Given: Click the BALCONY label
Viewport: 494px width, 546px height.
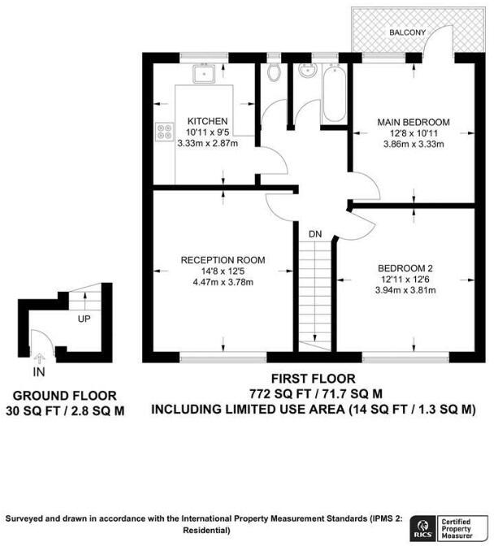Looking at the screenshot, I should click(x=406, y=32).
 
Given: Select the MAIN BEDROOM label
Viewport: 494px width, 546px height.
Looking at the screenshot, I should click(x=413, y=123).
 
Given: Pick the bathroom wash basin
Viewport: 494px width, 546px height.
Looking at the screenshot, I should click(x=306, y=75).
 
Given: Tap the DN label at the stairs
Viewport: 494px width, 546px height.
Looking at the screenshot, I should click(x=315, y=235).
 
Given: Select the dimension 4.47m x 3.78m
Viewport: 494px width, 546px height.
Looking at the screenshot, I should click(x=223, y=283).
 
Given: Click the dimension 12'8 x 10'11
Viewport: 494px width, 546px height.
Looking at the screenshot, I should click(x=413, y=134).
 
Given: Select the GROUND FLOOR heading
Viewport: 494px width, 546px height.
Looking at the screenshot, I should click(x=64, y=396).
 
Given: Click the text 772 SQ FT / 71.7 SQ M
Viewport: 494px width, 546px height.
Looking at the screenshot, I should click(x=313, y=394).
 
